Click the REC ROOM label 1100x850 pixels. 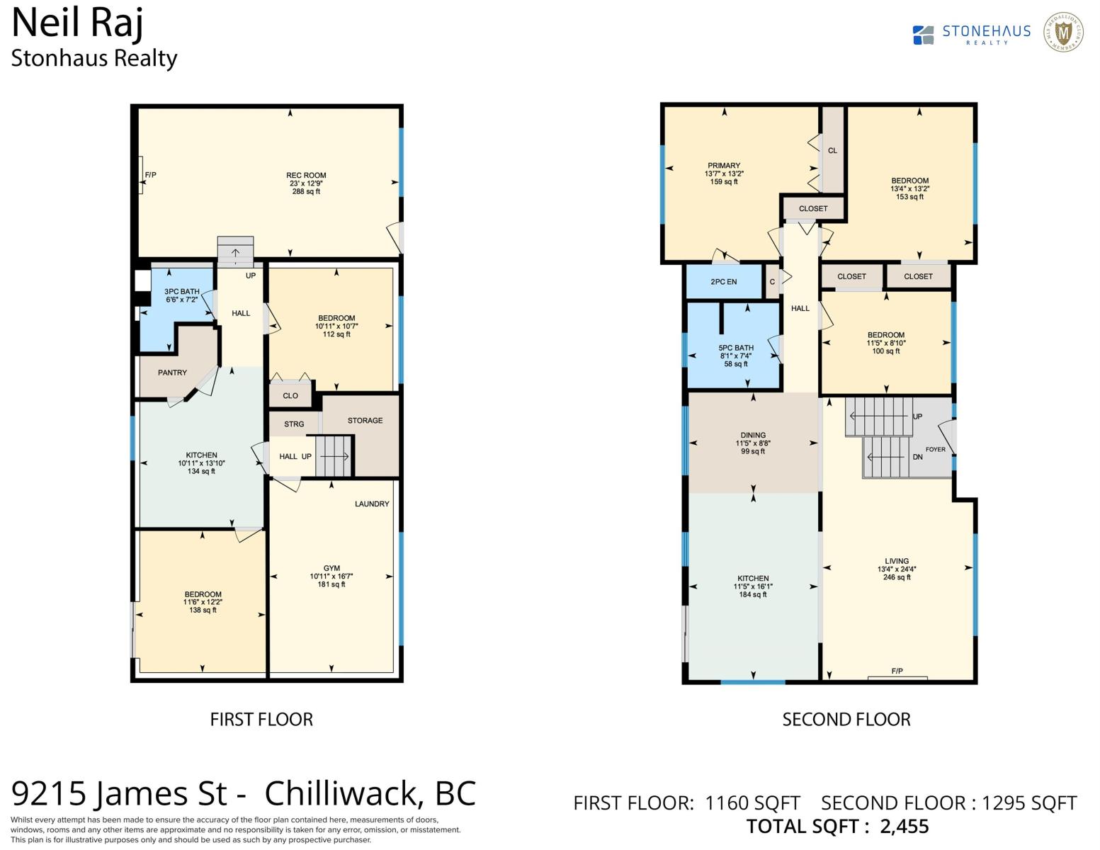click(306, 175)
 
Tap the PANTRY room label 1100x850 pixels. click(172, 373)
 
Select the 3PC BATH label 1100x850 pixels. click(182, 292)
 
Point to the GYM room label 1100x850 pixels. click(331, 568)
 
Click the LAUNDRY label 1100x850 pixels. click(372, 504)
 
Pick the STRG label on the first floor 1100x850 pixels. click(294, 424)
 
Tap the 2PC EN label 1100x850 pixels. click(723, 282)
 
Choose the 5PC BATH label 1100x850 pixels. click(736, 348)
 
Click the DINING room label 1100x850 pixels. click(753, 435)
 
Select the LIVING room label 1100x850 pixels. click(897, 561)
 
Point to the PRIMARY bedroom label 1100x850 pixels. click(724, 166)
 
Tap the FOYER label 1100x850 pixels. click(936, 450)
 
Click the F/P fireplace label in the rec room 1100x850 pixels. click(150, 175)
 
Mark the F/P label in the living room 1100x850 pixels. click(897, 671)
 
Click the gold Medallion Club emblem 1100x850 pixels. click(1063, 33)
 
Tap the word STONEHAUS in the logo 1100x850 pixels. click(986, 31)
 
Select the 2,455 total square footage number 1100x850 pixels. click(904, 827)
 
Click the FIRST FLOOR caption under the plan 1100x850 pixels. click(261, 720)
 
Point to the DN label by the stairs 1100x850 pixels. click(917, 457)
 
